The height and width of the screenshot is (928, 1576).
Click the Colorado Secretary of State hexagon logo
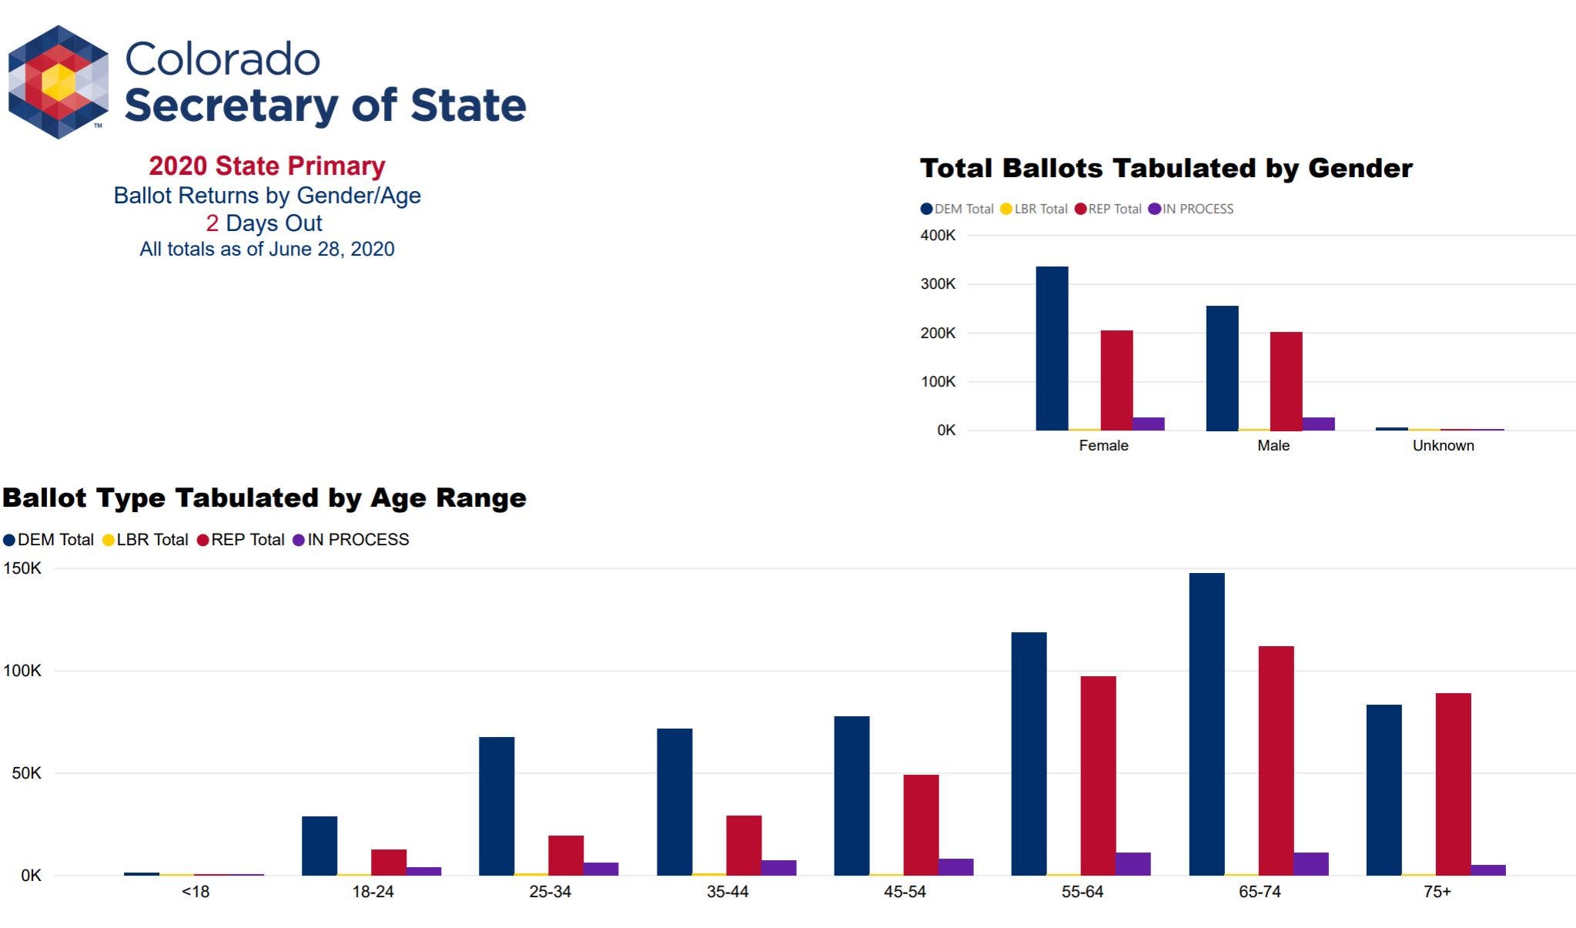pos(59,82)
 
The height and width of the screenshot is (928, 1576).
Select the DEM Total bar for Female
pos(1052,348)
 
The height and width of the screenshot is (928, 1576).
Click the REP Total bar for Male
pos(1286,380)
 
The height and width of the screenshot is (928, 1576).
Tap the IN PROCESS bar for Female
pos(1148,424)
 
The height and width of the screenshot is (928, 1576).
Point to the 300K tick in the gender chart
pos(938,284)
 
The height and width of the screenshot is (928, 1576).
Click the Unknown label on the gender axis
pos(1443,445)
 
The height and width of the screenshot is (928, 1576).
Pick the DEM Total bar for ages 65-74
pos(1206,724)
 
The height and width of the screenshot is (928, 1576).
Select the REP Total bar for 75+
pos(1453,784)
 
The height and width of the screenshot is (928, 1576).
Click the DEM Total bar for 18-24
pos(320,846)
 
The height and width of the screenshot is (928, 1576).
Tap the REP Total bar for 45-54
pos(921,825)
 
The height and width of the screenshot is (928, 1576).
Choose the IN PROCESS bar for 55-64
pos(1133,863)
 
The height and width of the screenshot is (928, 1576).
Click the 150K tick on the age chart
pos(22,568)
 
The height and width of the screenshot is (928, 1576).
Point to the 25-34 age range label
pos(550,892)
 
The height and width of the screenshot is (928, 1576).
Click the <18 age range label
pos(196,892)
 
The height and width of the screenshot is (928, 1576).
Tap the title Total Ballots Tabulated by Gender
pos(1166,168)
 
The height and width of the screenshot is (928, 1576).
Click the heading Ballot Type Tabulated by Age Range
pos(264,498)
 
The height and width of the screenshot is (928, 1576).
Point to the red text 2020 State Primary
pos(266,166)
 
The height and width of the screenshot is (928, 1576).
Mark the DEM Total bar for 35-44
pos(674,802)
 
